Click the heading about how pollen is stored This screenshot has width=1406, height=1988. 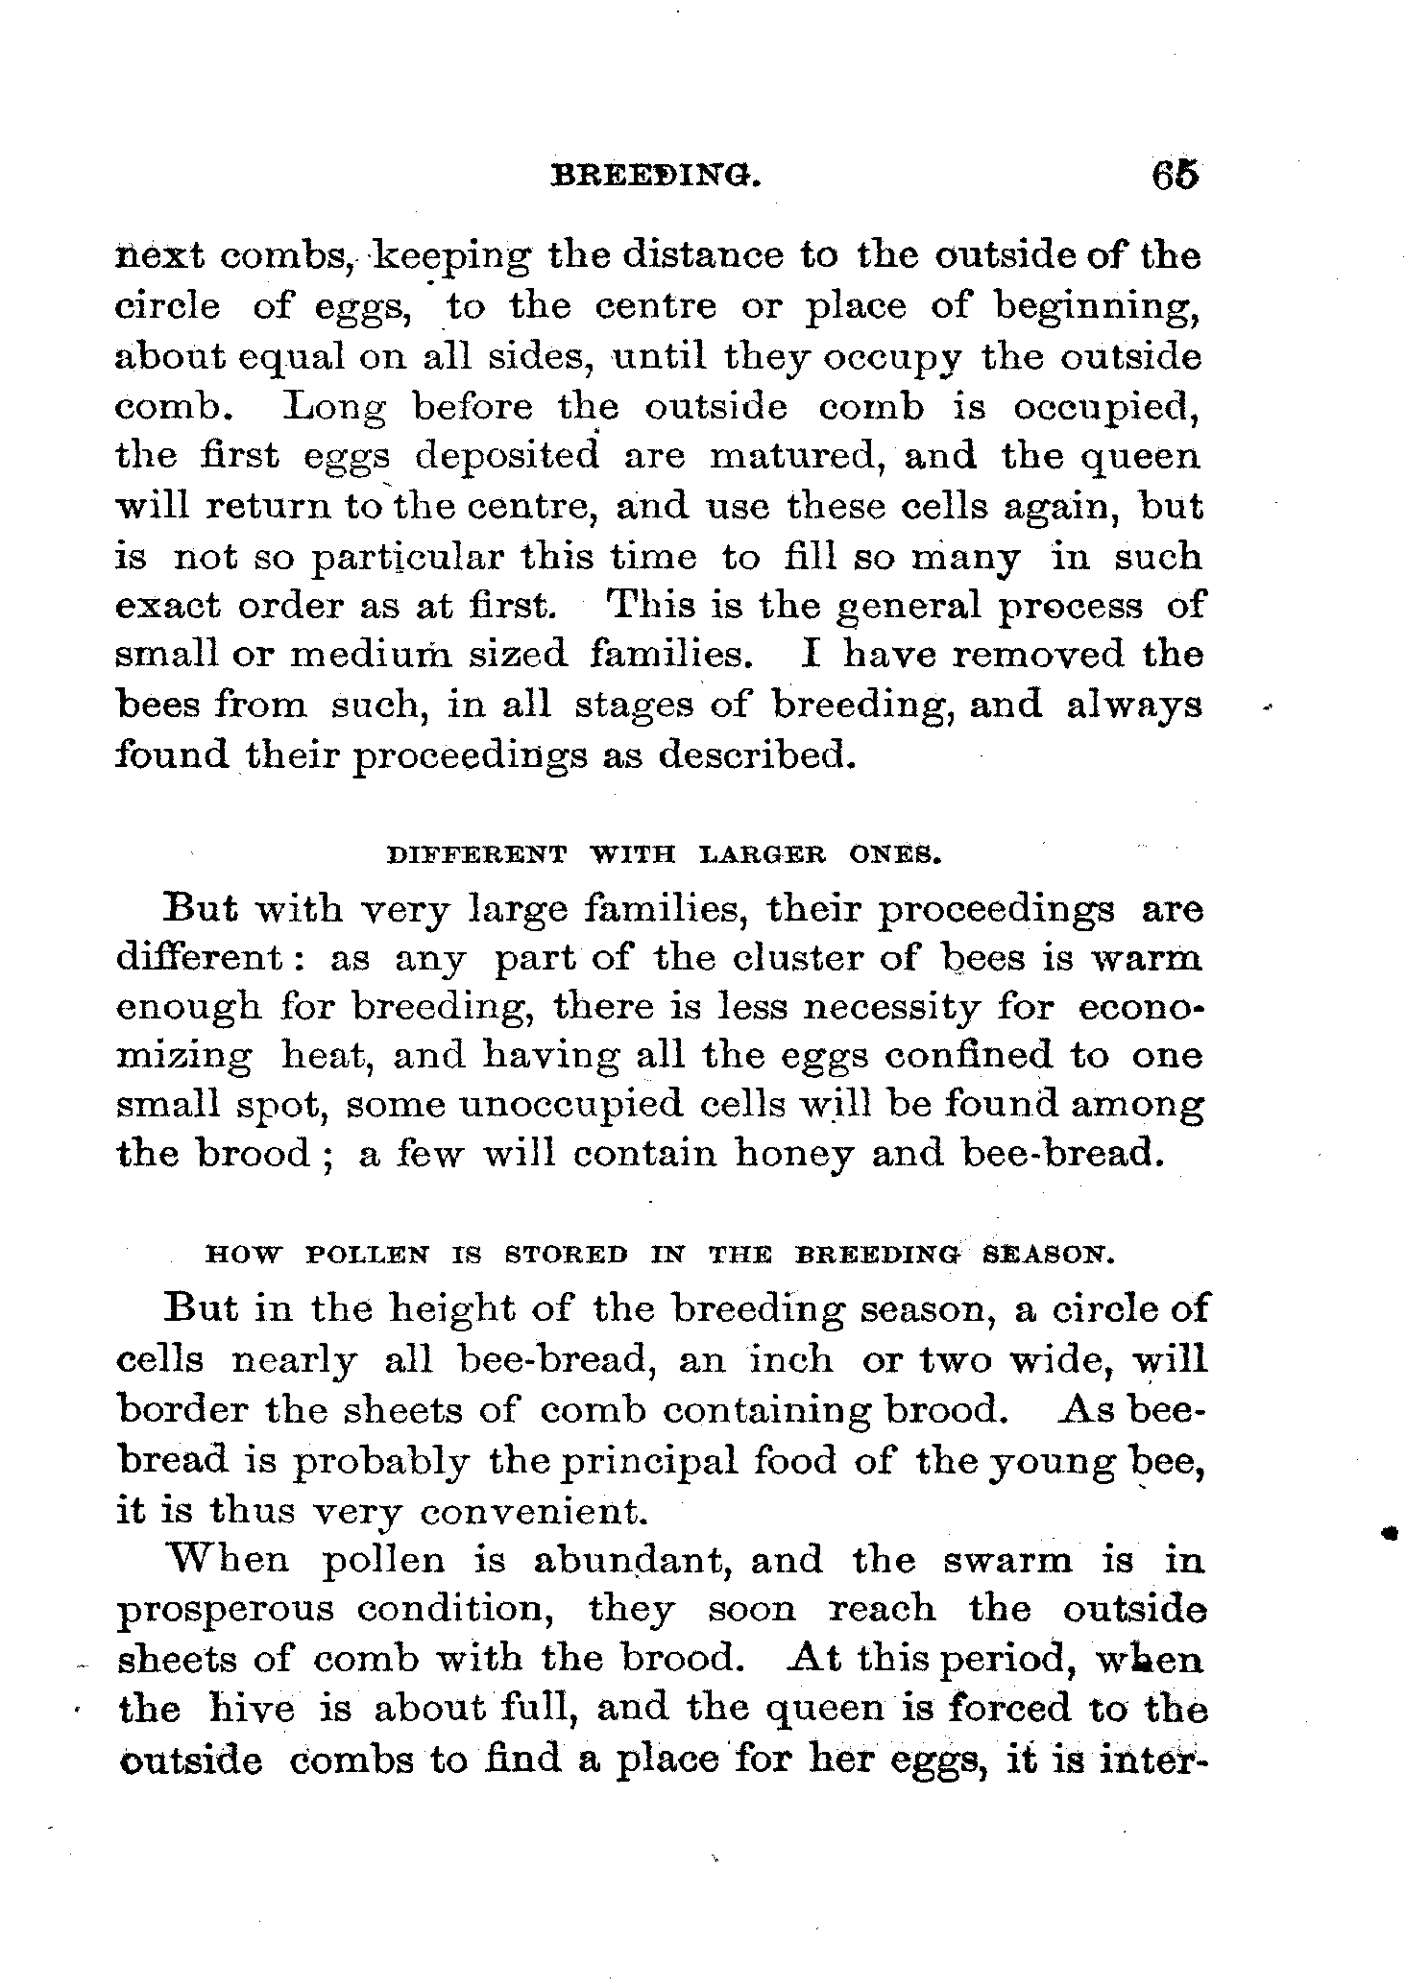tap(662, 1255)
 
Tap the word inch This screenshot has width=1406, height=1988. tap(792, 1359)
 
